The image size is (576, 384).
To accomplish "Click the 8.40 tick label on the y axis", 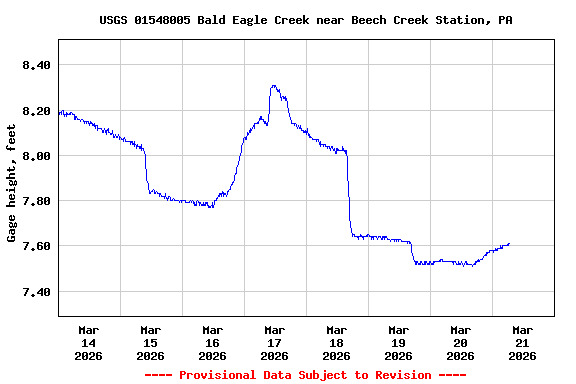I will (x=34, y=65).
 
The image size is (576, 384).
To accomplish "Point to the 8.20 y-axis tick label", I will (x=34, y=111).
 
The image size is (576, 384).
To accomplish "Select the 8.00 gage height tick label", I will (x=34, y=156).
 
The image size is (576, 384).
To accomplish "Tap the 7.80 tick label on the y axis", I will (x=34, y=201).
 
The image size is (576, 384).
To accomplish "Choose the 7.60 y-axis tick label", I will (x=34, y=246).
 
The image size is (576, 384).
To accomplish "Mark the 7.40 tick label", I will (x=34, y=292).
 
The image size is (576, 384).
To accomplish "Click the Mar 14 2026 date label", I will (x=88, y=342).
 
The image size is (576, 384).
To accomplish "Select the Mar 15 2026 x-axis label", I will (x=150, y=342).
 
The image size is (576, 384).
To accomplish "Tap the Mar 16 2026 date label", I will (x=212, y=342).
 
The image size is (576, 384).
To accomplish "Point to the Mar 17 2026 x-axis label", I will (x=274, y=342).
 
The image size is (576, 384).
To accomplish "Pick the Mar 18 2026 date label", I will (x=336, y=342).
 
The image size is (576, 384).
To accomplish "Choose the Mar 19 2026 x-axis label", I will (x=398, y=342).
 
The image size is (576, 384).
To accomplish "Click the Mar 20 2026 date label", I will (x=460, y=342).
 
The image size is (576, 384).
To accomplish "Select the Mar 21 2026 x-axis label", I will (x=522, y=342).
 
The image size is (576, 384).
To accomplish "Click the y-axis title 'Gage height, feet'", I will (x=12, y=183).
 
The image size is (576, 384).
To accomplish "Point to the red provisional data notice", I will (x=305, y=375).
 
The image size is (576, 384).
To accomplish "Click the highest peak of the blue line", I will (x=274, y=86).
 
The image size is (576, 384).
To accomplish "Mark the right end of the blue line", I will (x=509, y=244).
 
